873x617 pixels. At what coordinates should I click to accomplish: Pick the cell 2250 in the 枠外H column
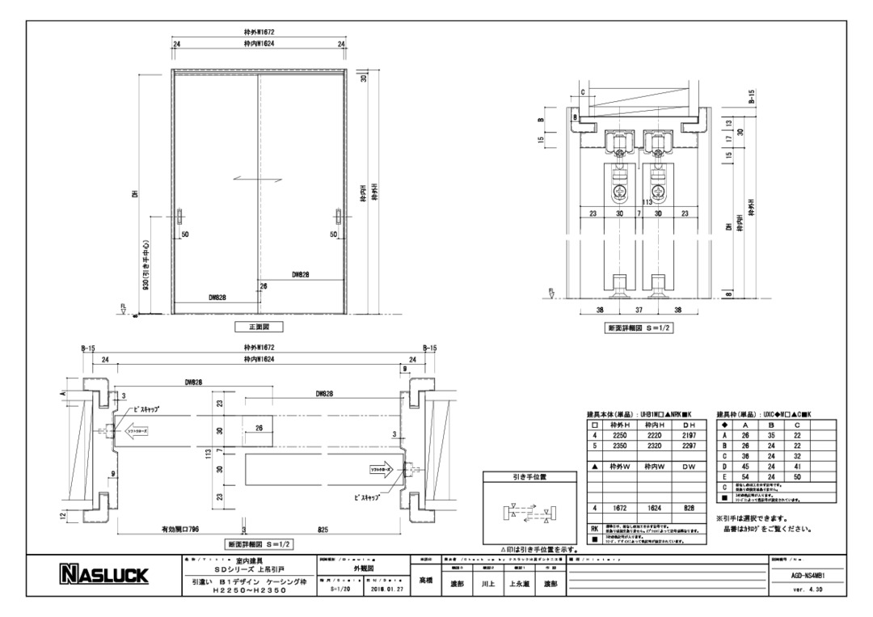click(620, 433)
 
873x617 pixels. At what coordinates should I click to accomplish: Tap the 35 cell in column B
click(771, 433)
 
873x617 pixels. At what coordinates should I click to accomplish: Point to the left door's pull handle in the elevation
click(179, 218)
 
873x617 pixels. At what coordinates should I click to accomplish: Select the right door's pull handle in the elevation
click(339, 218)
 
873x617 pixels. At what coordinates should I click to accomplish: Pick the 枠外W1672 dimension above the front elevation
click(259, 32)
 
